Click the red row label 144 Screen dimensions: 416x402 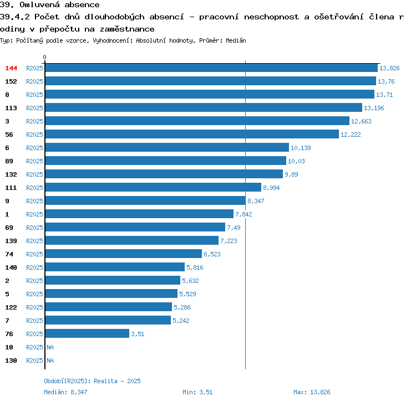click(11, 68)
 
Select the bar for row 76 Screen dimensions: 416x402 click(87, 333)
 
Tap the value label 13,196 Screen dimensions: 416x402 click(374, 108)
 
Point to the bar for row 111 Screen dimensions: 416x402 click(153, 187)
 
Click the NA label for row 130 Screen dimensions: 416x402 click(50, 360)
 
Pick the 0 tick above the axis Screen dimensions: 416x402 click(44, 57)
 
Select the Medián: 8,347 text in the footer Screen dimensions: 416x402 click(65, 392)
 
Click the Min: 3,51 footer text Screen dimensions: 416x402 click(197, 392)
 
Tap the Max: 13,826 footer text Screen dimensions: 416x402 click(312, 392)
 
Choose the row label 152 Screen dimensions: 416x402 click(11, 81)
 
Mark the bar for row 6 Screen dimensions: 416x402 click(167, 147)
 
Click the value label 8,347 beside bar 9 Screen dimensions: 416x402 click(256, 201)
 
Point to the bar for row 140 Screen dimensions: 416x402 click(115, 267)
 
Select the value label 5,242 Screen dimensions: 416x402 click(181, 321)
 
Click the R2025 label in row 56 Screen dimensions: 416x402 click(34, 135)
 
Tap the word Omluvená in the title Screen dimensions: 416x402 click(39, 4)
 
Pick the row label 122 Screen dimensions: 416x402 click(11, 307)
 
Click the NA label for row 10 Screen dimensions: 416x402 click(50, 347)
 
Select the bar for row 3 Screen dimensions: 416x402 click(197, 121)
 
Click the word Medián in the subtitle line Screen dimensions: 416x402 click(236, 40)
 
